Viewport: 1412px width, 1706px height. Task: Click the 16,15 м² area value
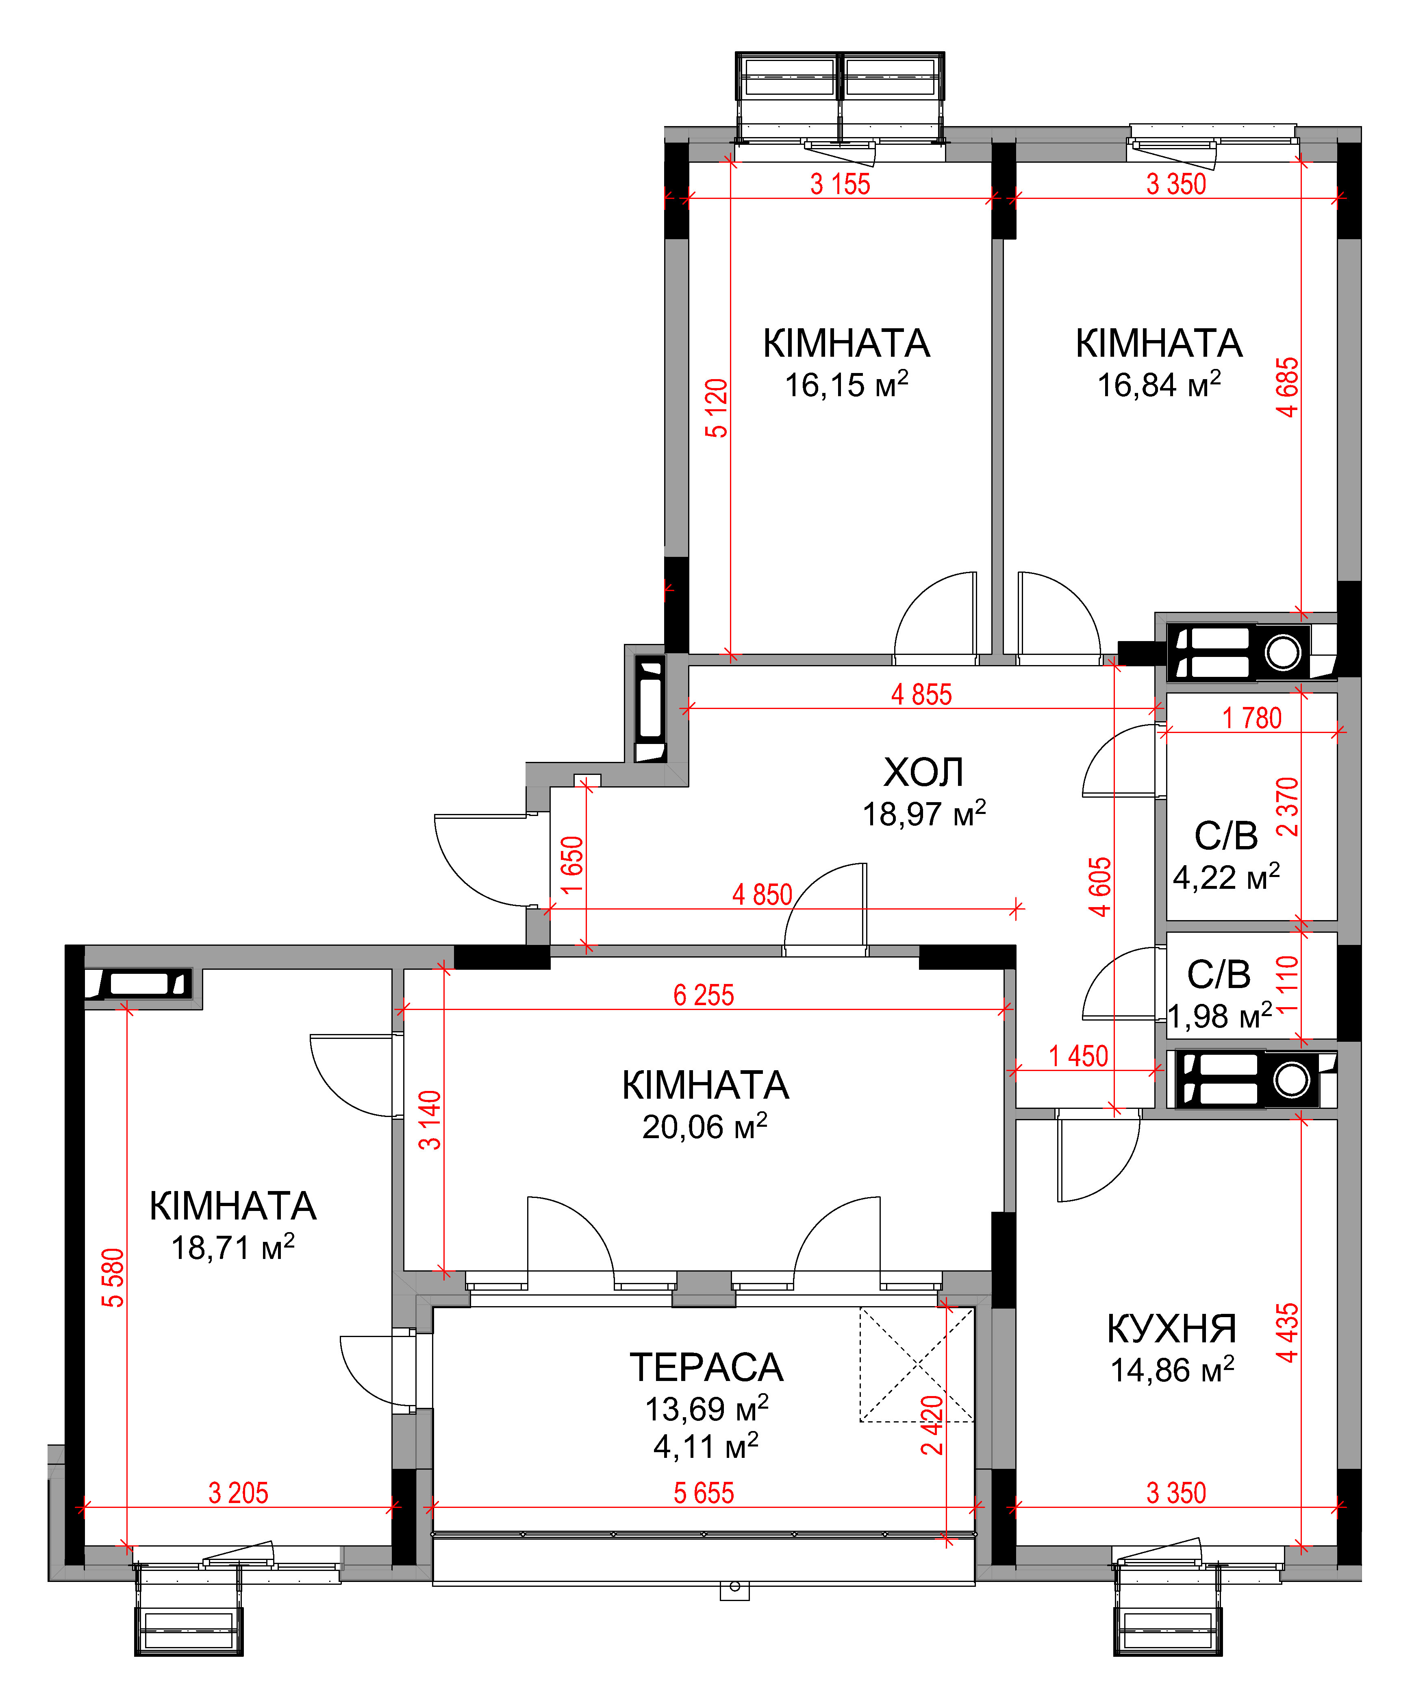pos(846,384)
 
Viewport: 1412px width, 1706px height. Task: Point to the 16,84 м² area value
pos(1159,384)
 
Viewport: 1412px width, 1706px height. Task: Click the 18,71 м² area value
pos(232,1247)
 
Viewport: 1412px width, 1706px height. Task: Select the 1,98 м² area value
pos(1220,1015)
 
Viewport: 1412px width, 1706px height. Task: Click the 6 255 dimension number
pos(704,995)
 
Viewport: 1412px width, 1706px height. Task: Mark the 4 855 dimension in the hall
pos(921,695)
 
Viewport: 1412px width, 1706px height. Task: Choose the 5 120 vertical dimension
pos(716,408)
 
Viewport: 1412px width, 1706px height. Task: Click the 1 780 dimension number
pos(1252,718)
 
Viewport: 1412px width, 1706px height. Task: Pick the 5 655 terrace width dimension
pos(704,1493)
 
